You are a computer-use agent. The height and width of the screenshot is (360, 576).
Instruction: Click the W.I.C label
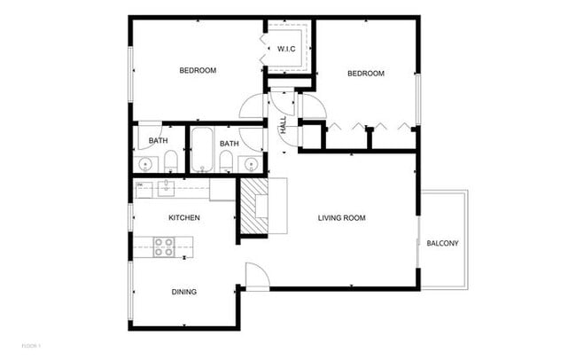coord(286,49)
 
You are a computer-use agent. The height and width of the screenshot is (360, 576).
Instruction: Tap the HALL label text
coord(284,127)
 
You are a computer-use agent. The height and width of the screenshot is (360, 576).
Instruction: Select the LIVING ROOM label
coord(342,217)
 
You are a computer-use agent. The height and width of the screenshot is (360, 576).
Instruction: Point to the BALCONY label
coord(442,244)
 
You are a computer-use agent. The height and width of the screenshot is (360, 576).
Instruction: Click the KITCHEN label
coord(184,217)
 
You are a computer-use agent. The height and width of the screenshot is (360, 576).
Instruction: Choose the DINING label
coord(184,292)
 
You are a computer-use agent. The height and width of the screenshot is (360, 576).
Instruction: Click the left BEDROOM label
coord(198,70)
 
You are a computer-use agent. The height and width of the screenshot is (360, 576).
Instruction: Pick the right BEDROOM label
coord(365,74)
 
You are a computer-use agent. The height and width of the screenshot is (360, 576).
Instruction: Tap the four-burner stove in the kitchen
coord(164,247)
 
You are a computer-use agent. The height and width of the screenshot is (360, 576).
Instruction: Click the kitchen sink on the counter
coord(166,186)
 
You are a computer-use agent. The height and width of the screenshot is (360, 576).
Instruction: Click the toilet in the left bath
coord(169,160)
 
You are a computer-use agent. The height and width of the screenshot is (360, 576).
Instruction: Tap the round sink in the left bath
coord(144,163)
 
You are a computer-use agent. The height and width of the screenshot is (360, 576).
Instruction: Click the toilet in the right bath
coord(225,160)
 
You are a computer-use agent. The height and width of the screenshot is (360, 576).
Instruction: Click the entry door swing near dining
coord(254,276)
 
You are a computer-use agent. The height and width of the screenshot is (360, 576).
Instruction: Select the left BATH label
coord(159,141)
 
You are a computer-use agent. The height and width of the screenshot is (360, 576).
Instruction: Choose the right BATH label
coord(230,144)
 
